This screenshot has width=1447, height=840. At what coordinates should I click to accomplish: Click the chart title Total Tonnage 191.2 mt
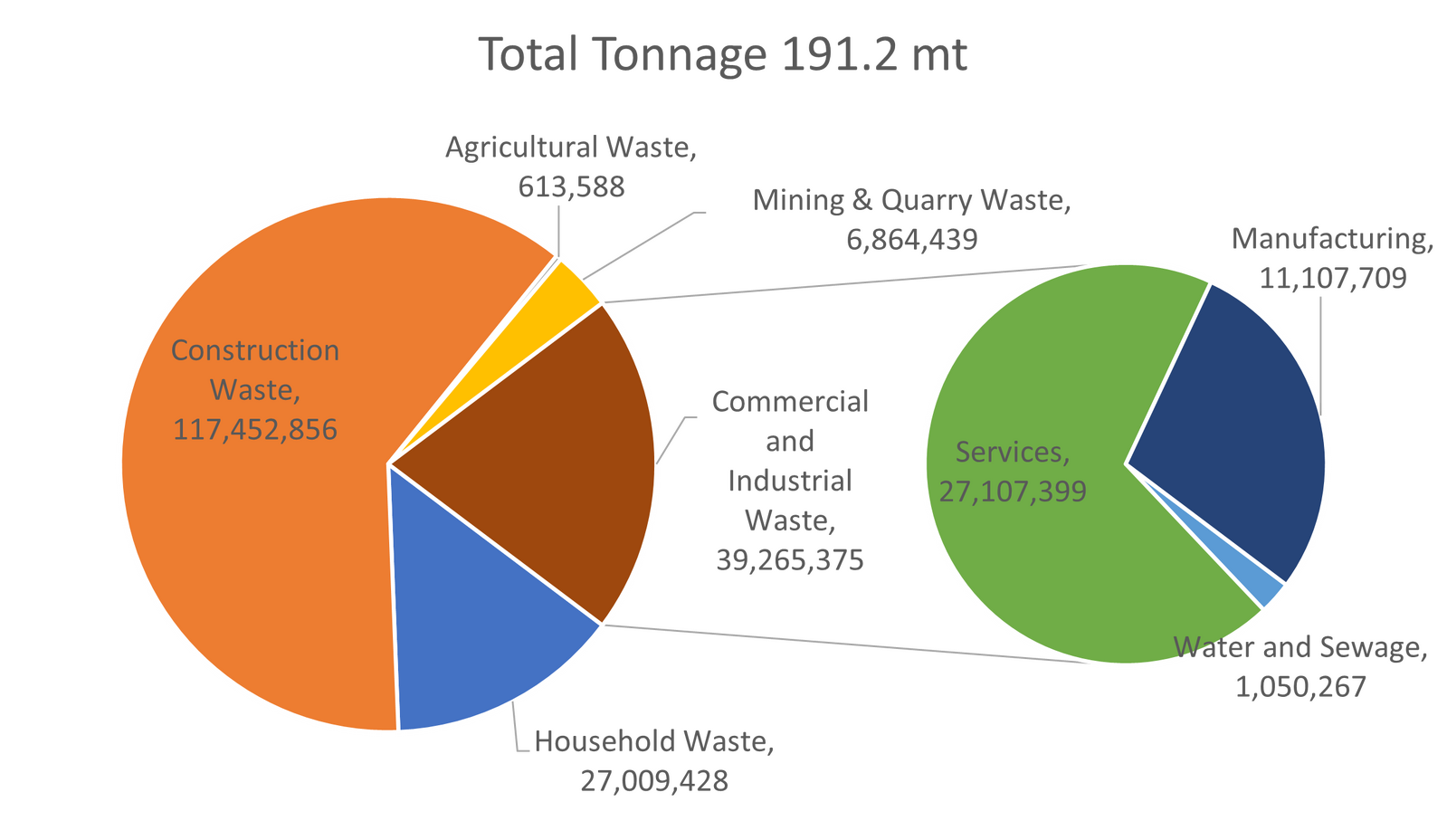(723, 54)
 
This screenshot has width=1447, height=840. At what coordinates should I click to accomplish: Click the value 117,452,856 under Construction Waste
(255, 429)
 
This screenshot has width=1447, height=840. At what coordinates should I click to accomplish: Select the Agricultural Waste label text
(570, 147)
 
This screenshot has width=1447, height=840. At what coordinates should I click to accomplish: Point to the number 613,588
(571, 186)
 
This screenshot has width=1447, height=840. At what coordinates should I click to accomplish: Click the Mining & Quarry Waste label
(912, 200)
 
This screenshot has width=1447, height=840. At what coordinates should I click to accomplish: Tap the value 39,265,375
(790, 560)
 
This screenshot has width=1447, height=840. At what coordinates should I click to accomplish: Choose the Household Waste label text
(654, 742)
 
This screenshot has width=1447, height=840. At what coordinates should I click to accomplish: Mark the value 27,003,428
(654, 781)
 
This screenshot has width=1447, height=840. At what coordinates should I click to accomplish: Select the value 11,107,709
(1332, 279)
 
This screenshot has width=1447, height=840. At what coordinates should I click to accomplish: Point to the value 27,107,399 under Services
(1013, 492)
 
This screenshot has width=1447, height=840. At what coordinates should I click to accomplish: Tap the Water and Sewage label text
(1300, 647)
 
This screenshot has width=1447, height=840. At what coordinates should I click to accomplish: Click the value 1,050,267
(1300, 687)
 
